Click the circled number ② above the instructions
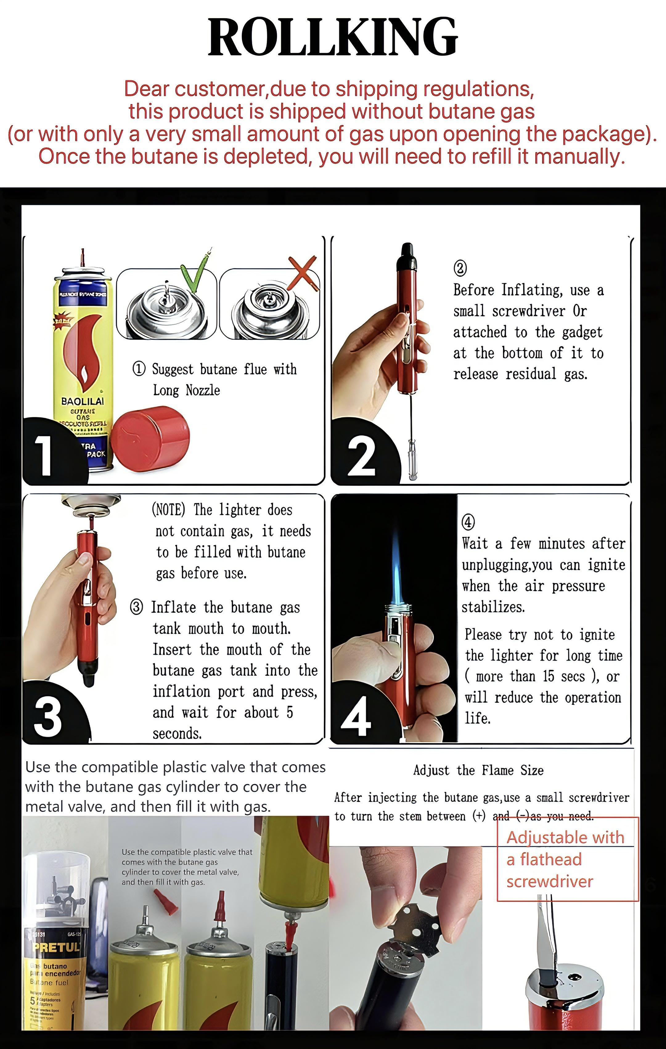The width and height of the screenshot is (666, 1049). [x=460, y=268]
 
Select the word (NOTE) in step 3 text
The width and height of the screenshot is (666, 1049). [x=169, y=509]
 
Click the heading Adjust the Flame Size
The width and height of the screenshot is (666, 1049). [x=478, y=770]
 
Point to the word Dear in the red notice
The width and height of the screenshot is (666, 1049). [x=147, y=89]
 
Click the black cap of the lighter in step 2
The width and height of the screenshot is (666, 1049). [x=406, y=256]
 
